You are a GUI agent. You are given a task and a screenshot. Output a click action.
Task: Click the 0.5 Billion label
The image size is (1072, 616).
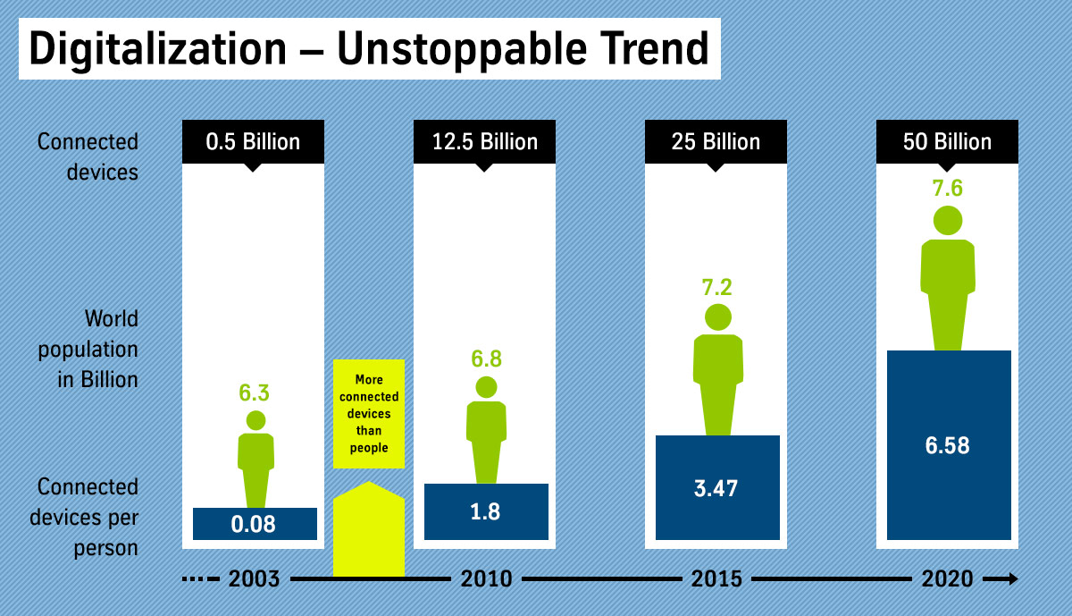tap(253, 141)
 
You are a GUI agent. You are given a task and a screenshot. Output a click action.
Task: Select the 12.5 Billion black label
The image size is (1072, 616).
tap(484, 141)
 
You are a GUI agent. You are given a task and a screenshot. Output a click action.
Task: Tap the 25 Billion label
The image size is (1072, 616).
tap(716, 141)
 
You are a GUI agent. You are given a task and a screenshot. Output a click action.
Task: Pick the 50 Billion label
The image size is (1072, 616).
tap(947, 141)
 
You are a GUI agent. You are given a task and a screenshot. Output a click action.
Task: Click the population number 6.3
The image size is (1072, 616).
tap(255, 393)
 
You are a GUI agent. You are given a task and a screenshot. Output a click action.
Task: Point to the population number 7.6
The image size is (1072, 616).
tap(948, 189)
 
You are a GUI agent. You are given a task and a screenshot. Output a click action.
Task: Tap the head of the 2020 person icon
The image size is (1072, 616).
tap(948, 219)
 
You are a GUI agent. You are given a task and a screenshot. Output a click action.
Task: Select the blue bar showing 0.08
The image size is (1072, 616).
tap(255, 524)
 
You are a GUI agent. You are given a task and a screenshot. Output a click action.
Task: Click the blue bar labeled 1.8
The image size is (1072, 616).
tap(485, 511)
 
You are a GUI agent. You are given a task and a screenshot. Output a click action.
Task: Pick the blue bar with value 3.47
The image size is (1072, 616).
tap(717, 488)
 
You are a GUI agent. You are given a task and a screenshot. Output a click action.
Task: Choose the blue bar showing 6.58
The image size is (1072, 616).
tap(948, 445)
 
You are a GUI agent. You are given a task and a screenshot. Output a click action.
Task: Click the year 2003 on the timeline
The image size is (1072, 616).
tap(255, 579)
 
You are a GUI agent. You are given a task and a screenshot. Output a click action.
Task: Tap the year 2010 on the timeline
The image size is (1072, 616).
tap(486, 579)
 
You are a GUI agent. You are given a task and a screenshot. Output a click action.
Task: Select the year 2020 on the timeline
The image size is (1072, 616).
tap(948, 579)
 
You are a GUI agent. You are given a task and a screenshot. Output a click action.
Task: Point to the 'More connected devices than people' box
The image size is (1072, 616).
tap(369, 413)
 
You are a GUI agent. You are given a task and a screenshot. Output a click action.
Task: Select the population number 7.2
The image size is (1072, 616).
tap(717, 288)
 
